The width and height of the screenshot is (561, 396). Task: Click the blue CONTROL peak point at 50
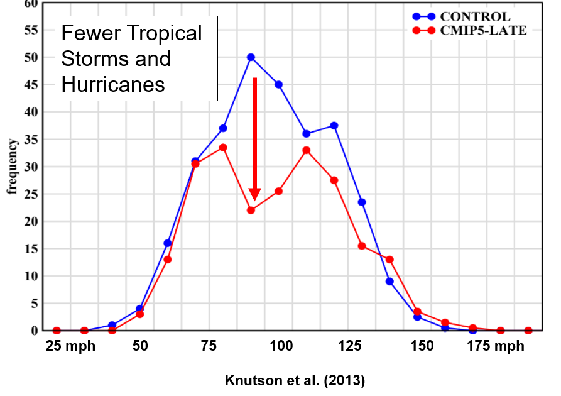(x=251, y=57)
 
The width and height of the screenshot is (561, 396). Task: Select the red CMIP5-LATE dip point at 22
(x=251, y=210)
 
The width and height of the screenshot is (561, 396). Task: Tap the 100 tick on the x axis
(x=281, y=346)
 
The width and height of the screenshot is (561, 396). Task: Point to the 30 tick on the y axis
(x=31, y=167)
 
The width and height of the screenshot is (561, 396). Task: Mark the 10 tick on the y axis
(x=31, y=276)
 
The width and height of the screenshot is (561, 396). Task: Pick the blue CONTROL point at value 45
(x=278, y=84)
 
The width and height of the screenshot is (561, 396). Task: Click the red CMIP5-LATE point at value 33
(x=306, y=150)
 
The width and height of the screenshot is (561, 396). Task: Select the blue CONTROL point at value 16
(x=168, y=243)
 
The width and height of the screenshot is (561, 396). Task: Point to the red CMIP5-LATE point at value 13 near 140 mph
(x=389, y=259)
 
